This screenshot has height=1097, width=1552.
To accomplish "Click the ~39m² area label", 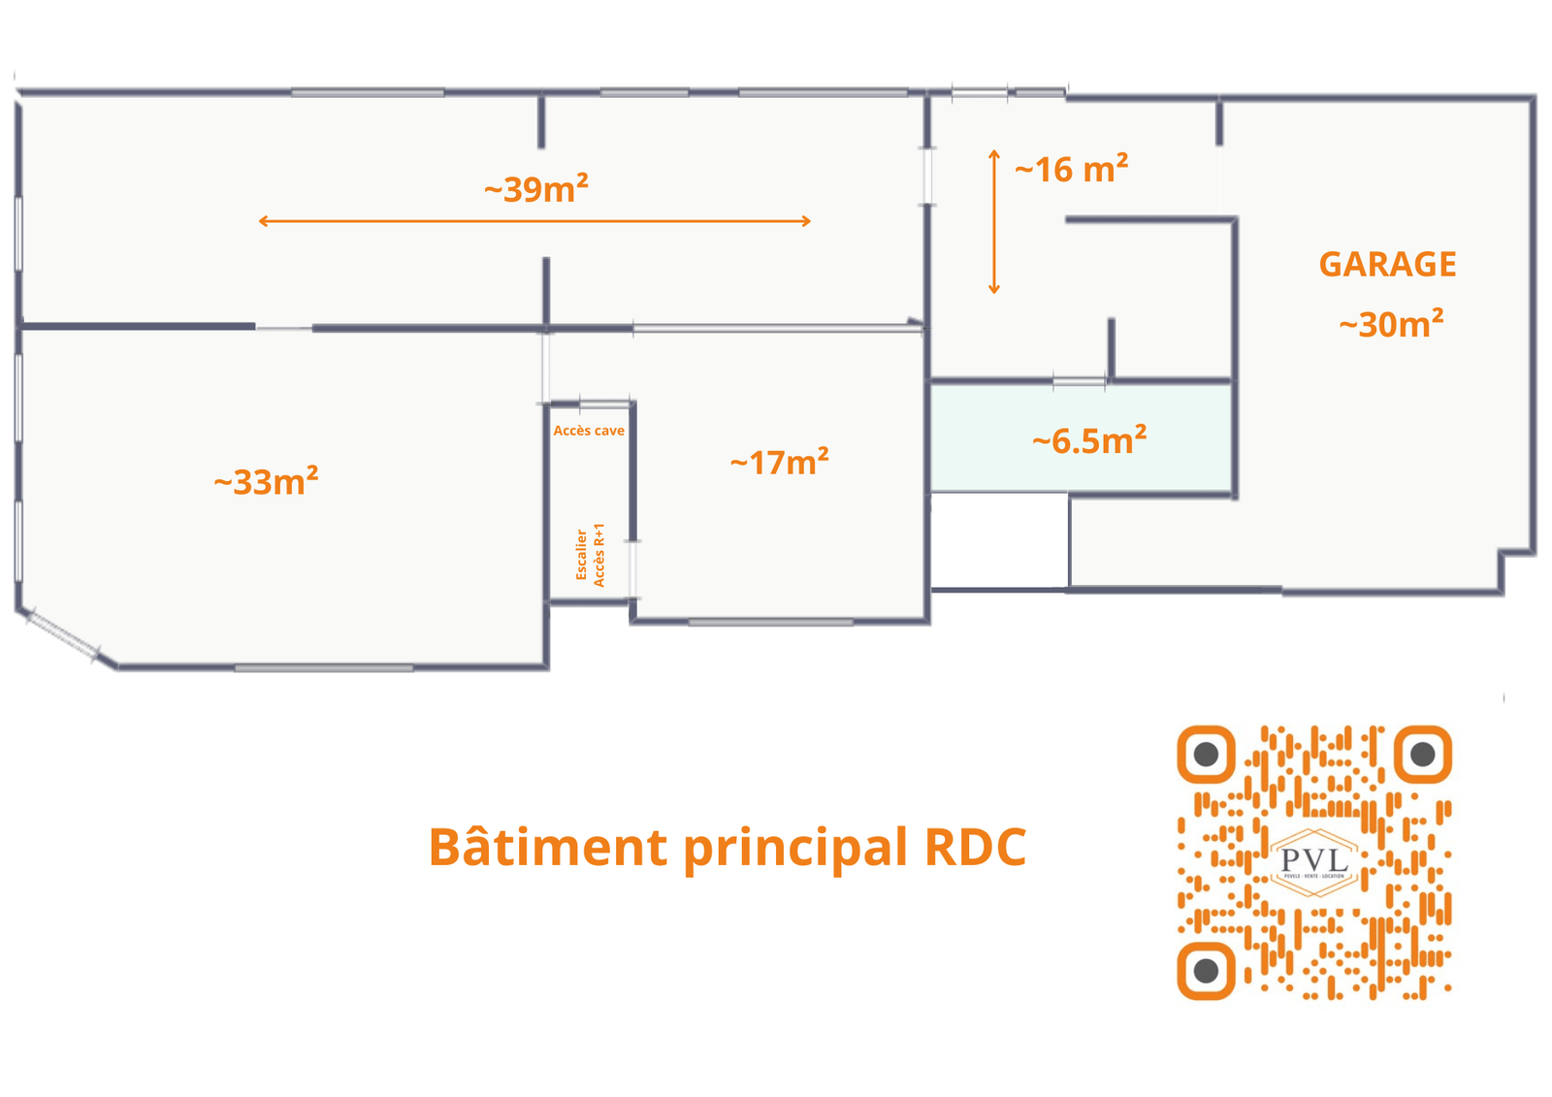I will tap(536, 188).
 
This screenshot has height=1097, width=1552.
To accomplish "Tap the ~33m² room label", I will tap(266, 481).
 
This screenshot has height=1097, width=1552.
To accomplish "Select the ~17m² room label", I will tap(779, 462).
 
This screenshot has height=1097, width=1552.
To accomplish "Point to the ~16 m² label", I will tap(1071, 170).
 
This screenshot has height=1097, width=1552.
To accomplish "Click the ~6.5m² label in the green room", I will tap(1089, 441).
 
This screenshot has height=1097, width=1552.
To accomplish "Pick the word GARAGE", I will tap(1387, 265).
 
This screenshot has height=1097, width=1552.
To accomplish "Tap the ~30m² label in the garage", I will tap(1391, 324).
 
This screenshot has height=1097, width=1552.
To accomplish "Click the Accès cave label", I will tap(589, 431).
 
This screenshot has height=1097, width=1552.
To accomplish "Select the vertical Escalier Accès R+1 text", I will tap(590, 555).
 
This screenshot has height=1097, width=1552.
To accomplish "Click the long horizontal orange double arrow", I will tap(534, 221).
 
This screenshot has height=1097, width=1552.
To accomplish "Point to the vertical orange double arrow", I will tap(993, 221).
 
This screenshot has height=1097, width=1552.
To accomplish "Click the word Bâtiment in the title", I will tap(547, 847).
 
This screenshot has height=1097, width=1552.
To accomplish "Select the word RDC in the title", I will tap(975, 847).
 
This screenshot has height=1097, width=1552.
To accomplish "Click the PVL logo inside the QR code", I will tap(1313, 860).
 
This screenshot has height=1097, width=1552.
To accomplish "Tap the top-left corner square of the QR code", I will tap(1206, 754).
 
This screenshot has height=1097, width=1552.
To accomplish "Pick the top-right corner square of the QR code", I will tap(1422, 754).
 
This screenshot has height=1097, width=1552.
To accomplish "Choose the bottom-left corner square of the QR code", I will tap(1206, 969).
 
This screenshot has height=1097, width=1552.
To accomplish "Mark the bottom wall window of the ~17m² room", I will tap(770, 622).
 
